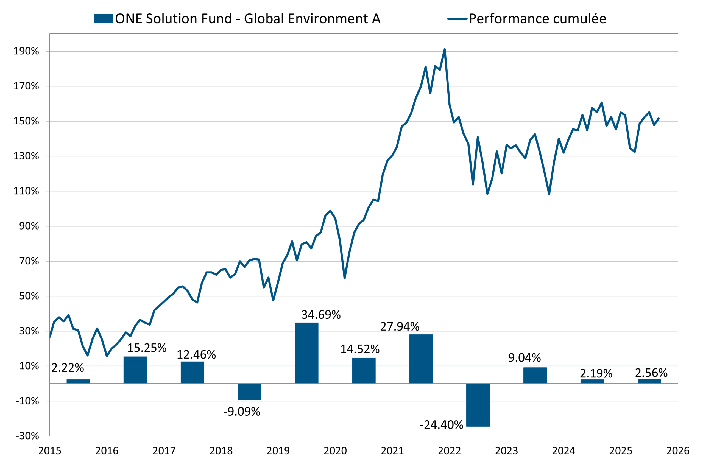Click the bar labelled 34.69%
307,353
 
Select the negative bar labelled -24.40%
478,405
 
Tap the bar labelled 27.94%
421,359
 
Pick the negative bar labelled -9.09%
250,392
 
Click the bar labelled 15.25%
135,370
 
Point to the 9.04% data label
524,358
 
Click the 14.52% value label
360,349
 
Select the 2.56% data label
651,373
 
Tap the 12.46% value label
196,354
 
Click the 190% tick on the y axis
26,51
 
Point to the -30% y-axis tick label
27,436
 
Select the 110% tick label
26,191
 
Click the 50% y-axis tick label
29,296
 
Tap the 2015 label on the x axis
50,451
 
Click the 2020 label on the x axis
335,451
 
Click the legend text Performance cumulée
537,19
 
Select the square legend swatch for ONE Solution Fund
103,19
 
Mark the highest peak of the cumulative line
445,49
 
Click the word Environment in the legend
328,19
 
